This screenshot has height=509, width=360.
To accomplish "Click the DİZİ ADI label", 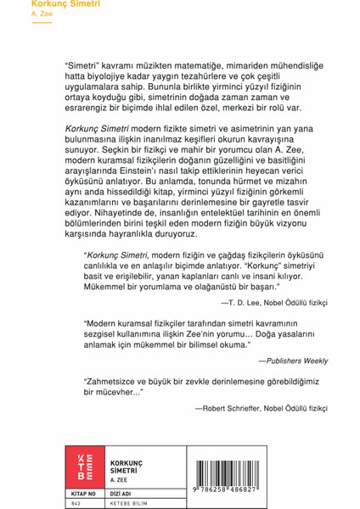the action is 124,489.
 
